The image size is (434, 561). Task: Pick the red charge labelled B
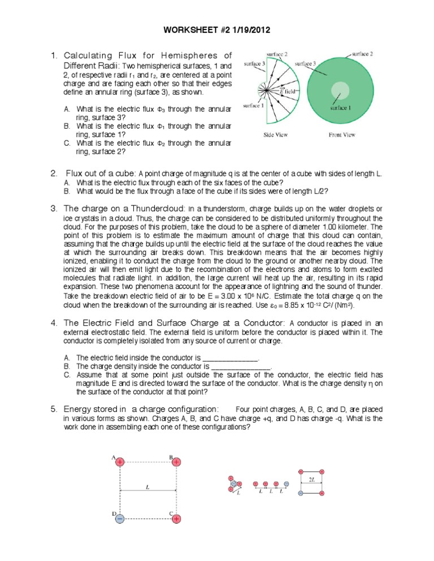click(177, 462)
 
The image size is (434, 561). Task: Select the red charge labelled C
click(177, 518)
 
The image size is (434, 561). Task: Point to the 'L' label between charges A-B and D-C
click(147, 487)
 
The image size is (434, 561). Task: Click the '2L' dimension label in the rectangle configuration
click(312, 479)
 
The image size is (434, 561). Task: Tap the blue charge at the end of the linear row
click(286, 484)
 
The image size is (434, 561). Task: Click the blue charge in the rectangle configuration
click(301, 493)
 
